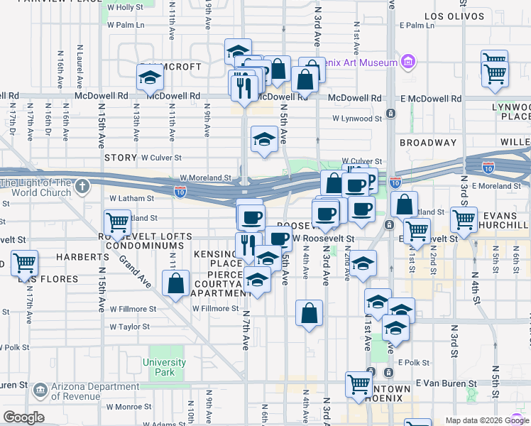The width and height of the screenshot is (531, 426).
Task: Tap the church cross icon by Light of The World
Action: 82,187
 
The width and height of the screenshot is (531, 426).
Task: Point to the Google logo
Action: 23,417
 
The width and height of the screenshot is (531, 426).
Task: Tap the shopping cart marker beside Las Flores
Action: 25,263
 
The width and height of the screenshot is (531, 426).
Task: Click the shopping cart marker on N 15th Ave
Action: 117,223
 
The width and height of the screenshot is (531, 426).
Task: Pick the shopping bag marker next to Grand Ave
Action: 175,284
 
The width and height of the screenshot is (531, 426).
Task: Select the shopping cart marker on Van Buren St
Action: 359,384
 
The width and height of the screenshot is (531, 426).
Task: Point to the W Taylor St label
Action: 130,327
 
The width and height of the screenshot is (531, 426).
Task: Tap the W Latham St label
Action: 131,199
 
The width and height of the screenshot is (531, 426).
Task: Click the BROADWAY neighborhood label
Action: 427,143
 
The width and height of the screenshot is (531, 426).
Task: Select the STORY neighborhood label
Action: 120,157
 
